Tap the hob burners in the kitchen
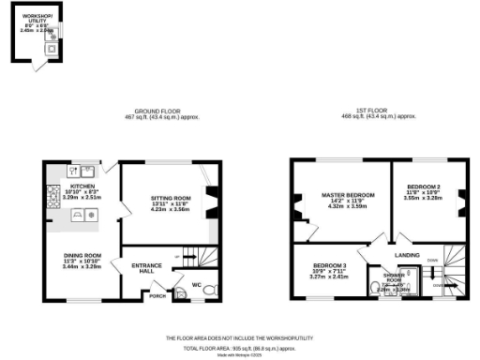tap(52, 194)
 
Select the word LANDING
tap(407, 254)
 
